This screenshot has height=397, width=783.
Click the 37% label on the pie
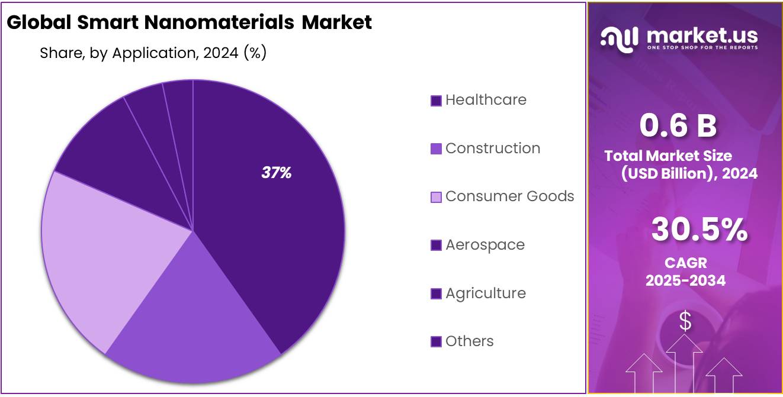click(x=276, y=173)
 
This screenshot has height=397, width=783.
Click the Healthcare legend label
click(x=486, y=100)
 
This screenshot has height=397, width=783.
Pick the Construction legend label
click(x=492, y=149)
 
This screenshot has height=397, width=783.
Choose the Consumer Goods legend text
click(x=509, y=196)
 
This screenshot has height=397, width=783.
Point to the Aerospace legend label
click(x=484, y=245)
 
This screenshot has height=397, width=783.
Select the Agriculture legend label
click(x=485, y=293)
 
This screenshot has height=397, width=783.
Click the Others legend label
click(x=469, y=341)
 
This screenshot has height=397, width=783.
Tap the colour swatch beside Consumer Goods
click(x=436, y=198)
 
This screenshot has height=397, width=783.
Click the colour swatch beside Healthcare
click(x=436, y=101)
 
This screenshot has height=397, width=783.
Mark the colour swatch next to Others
click(x=436, y=342)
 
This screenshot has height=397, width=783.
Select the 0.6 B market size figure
click(x=678, y=125)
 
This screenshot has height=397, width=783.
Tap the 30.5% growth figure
click(x=699, y=230)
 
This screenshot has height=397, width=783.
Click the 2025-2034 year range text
click(x=685, y=280)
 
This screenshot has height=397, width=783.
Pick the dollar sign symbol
click(x=685, y=321)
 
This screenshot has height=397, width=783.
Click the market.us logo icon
click(x=620, y=37)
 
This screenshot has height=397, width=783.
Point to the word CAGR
click(x=685, y=263)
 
